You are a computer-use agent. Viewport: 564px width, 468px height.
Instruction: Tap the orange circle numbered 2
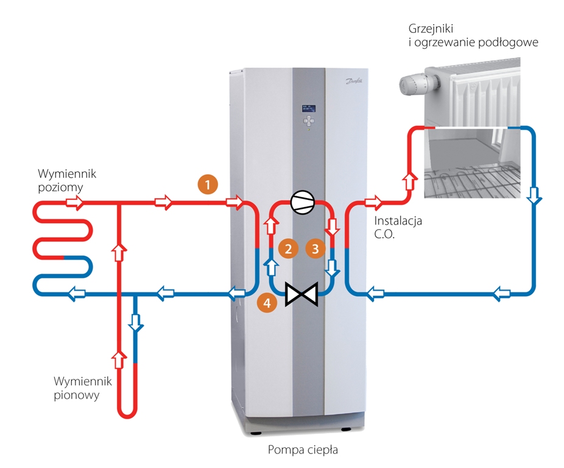pos(287,248)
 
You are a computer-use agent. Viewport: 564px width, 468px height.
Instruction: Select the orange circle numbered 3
pos(315,248)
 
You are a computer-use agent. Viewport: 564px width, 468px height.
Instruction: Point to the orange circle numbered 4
pos(265,300)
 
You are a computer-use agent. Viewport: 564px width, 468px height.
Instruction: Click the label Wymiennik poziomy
pos(66,180)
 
